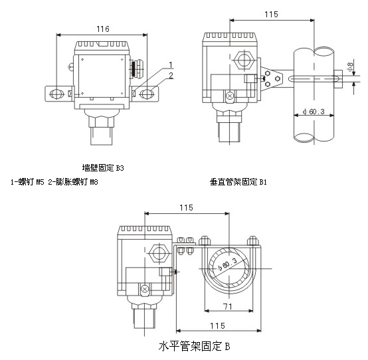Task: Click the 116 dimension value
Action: point(103,29)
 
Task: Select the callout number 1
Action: point(171,65)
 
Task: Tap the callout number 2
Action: point(171,75)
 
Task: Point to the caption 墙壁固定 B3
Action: point(103,168)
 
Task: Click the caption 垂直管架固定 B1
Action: point(238,182)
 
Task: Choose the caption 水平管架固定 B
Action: point(195,347)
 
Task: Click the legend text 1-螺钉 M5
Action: point(27,182)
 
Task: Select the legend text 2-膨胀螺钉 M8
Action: point(73,182)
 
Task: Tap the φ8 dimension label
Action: point(350,67)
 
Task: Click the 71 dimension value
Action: point(227,306)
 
